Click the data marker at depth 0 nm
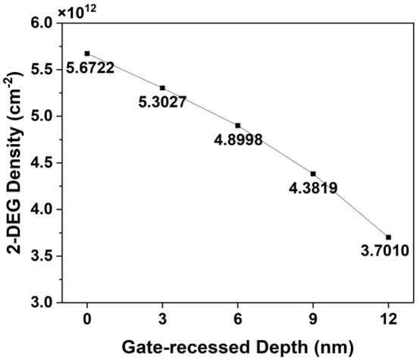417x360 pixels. (87, 53)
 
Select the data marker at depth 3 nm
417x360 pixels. (162, 88)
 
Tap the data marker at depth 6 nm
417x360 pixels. (238, 125)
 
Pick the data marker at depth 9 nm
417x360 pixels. (313, 174)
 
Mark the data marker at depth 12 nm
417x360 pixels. (388, 237)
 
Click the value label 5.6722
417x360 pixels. (89, 68)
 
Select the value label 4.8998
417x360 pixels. (240, 140)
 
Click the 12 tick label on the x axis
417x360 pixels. (388, 319)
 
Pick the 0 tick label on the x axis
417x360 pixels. (87, 319)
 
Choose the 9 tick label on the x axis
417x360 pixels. (313, 319)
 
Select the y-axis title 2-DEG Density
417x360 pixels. (13, 162)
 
